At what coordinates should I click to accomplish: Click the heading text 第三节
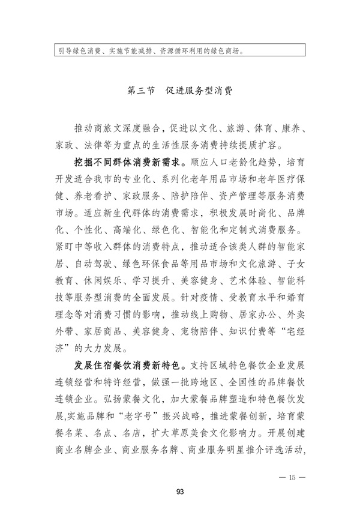[x=142, y=92]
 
